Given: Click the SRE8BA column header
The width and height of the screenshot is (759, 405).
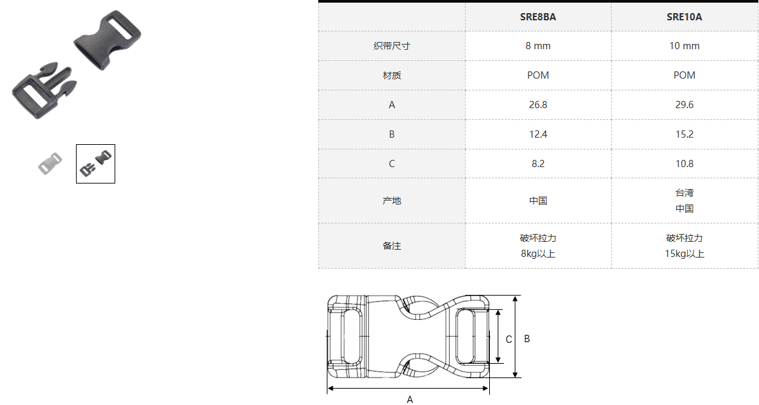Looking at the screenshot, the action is [x=538, y=17].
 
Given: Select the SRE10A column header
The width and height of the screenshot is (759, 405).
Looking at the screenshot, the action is [x=684, y=17].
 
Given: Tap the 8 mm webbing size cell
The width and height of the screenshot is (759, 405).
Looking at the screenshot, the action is [x=538, y=46].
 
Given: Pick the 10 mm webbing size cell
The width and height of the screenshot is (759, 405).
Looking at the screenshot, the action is [x=684, y=46].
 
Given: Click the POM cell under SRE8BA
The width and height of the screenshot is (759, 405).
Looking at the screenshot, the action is [x=538, y=75].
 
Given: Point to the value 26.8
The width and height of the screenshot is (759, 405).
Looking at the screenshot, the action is [x=538, y=105].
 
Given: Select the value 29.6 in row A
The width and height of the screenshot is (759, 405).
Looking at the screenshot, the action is [x=684, y=105].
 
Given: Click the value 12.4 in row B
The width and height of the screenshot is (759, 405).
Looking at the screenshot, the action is [x=538, y=134].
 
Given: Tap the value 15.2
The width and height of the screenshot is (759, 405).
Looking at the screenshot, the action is [x=684, y=134].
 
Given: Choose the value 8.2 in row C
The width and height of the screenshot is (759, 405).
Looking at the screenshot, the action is [x=538, y=164].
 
